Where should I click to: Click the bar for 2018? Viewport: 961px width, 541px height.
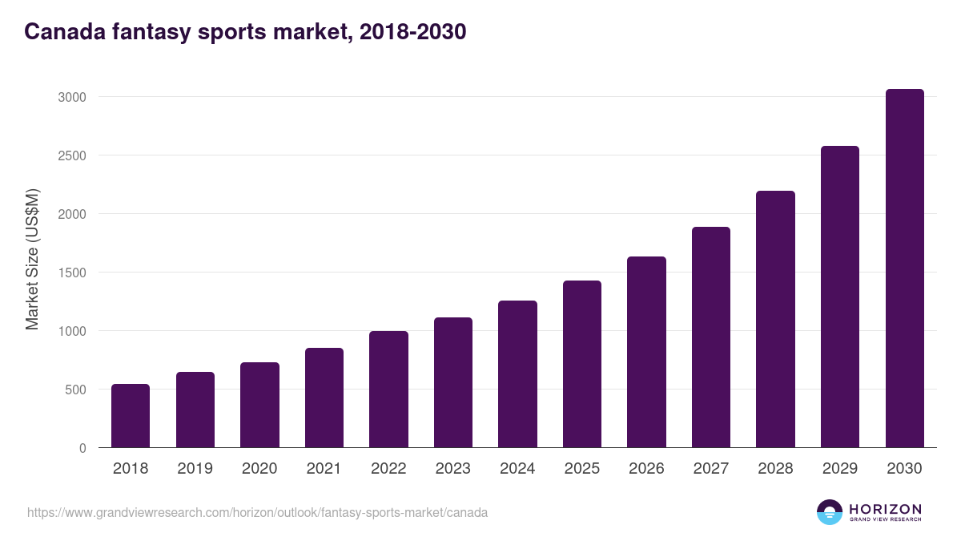(x=131, y=416)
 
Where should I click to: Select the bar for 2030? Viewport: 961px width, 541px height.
(x=904, y=268)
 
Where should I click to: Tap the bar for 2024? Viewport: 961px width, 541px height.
(x=517, y=374)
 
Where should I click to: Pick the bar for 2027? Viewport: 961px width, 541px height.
(x=711, y=337)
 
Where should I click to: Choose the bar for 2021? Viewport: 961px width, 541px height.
(x=324, y=398)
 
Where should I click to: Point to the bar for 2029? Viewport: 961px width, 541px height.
(x=840, y=297)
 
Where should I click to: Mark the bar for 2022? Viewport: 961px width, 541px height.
(x=388, y=390)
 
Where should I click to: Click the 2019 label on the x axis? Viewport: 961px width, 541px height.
(x=195, y=469)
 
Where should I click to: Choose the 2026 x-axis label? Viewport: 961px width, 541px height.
(x=646, y=469)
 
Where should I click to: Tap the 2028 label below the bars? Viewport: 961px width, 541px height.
(x=775, y=469)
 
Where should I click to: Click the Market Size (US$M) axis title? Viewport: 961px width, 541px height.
(x=32, y=259)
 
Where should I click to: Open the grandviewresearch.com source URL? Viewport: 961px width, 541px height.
(x=257, y=512)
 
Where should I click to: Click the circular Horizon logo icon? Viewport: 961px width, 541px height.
(x=830, y=512)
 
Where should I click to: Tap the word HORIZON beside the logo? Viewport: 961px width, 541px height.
(x=885, y=509)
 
